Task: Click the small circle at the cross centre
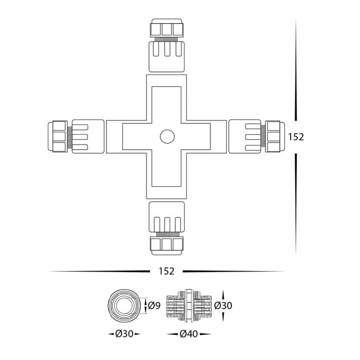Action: pyautogui.click(x=167, y=137)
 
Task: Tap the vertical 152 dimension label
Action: pyautogui.click(x=296, y=137)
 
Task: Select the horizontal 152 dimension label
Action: pyautogui.click(x=167, y=271)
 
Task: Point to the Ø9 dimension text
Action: pyautogui.click(x=154, y=305)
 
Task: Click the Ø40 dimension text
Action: pyautogui.click(x=189, y=334)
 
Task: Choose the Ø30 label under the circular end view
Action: pyautogui.click(x=124, y=334)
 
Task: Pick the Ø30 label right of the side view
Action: pyautogui.click(x=223, y=305)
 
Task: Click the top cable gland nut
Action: pyautogui.click(x=167, y=28)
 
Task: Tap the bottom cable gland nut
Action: pyautogui.click(x=167, y=246)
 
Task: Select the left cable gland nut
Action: pyautogui.click(x=58, y=137)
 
